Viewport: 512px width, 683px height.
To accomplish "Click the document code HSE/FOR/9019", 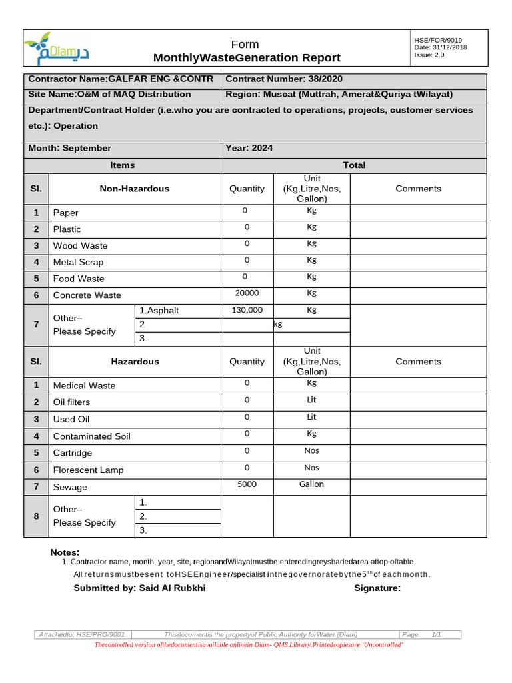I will pyautogui.click(x=438, y=40).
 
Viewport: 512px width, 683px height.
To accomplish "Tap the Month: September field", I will pyautogui.click(x=69, y=148).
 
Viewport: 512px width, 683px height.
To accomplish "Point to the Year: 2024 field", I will pyautogui.click(x=249, y=148).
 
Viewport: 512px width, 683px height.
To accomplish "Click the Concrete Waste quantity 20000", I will pyautogui.click(x=247, y=293).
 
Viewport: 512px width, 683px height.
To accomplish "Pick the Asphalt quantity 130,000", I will pyautogui.click(x=247, y=310).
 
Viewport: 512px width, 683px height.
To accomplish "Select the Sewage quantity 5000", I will pyautogui.click(x=247, y=484).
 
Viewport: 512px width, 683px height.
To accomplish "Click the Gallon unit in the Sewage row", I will pyautogui.click(x=311, y=484).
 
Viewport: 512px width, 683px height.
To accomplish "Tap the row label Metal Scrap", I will pyautogui.click(x=78, y=262).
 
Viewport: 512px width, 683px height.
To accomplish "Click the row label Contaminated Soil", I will pyautogui.click(x=91, y=436).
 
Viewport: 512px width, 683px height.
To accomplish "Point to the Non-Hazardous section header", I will pyautogui.click(x=134, y=189).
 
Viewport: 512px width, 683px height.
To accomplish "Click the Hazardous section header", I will pyautogui.click(x=135, y=361).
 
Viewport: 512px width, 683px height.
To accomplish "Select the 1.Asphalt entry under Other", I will pyautogui.click(x=159, y=311).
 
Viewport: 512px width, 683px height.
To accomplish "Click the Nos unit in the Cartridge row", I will pyautogui.click(x=311, y=450).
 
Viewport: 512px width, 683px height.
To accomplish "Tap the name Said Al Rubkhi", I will pyautogui.click(x=172, y=588).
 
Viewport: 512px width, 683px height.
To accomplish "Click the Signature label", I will pyautogui.click(x=377, y=588).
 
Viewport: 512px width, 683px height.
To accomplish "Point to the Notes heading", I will pyautogui.click(x=65, y=552).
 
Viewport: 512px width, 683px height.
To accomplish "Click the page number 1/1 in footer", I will pyautogui.click(x=437, y=634).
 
